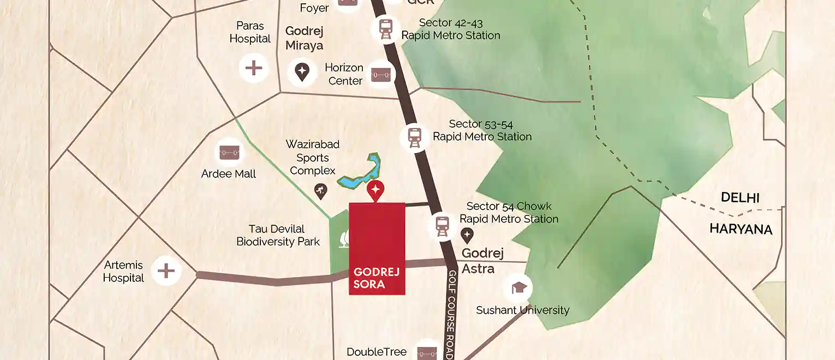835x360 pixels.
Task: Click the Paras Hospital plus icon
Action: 254,68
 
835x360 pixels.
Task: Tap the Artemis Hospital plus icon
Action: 166,271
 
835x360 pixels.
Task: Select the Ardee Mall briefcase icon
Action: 228,152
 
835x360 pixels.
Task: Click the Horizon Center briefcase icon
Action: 381,74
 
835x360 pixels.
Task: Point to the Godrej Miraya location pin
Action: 302,72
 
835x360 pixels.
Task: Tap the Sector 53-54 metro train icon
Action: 415,137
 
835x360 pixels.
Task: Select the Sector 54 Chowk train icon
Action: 442,225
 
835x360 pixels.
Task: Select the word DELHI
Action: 740,197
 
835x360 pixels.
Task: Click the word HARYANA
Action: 741,229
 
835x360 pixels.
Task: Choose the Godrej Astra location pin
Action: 467,236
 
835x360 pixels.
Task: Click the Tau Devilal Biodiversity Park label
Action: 278,235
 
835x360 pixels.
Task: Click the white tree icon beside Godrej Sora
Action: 343,239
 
